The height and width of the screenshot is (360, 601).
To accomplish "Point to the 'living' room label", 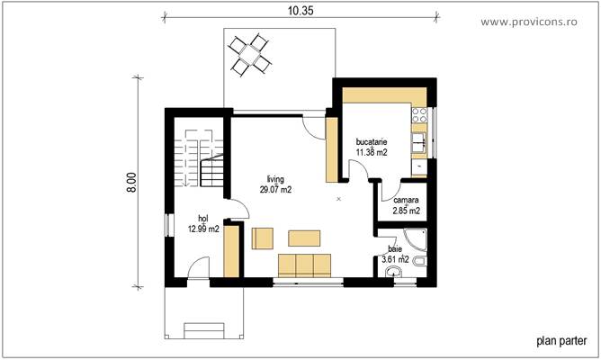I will [x=275, y=179].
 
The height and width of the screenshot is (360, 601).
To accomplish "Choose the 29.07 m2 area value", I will [x=275, y=190].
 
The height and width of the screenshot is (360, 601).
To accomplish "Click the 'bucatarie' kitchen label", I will [x=372, y=142].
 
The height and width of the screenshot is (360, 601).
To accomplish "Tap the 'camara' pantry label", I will [x=407, y=201].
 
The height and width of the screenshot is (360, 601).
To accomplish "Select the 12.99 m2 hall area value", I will [x=203, y=229].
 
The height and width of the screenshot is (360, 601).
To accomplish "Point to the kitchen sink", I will [x=419, y=141].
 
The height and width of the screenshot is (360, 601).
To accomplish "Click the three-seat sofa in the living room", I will [x=305, y=265].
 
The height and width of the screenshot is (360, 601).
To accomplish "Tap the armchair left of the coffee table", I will [x=263, y=238].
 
